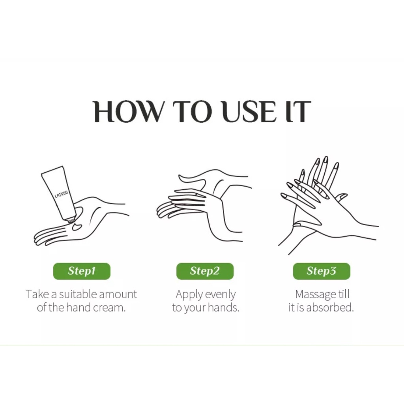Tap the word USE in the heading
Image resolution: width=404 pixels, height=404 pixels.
(x=249, y=111)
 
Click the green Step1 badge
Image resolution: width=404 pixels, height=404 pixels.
(x=82, y=271)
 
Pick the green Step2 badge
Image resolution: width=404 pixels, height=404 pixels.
(x=205, y=271)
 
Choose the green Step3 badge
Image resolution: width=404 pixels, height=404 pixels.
(x=322, y=271)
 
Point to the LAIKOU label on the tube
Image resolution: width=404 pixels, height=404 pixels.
(x=61, y=195)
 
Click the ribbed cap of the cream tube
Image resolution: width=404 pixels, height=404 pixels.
(x=71, y=220)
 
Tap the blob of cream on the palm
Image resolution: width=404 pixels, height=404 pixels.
(x=77, y=227)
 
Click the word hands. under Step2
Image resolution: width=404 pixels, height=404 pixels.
(x=223, y=307)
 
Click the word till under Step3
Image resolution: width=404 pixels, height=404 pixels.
(x=344, y=294)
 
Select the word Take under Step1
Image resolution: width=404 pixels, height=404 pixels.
(x=37, y=294)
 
